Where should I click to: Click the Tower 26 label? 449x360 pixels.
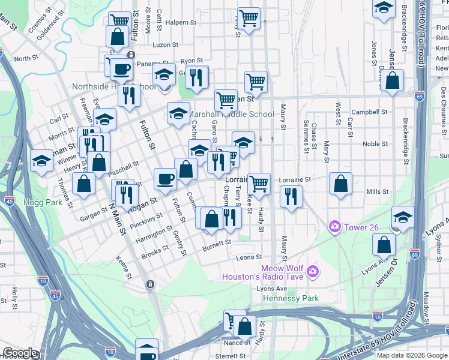click(x=360, y=227)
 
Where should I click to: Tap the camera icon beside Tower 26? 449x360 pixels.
click(x=334, y=227)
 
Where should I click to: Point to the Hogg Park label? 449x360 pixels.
click(x=43, y=203)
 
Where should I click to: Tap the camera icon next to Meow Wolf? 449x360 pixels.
click(x=312, y=272)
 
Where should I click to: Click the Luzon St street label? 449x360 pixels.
click(x=166, y=44)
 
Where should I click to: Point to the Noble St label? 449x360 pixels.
click(x=375, y=144)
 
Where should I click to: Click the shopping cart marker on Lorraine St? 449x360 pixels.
click(x=259, y=182)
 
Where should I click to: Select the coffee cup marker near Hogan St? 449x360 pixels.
click(x=165, y=178)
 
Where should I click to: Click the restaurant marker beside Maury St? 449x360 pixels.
click(x=291, y=196)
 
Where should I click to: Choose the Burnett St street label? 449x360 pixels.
click(x=217, y=244)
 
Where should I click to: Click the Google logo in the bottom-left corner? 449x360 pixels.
click(x=20, y=353)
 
